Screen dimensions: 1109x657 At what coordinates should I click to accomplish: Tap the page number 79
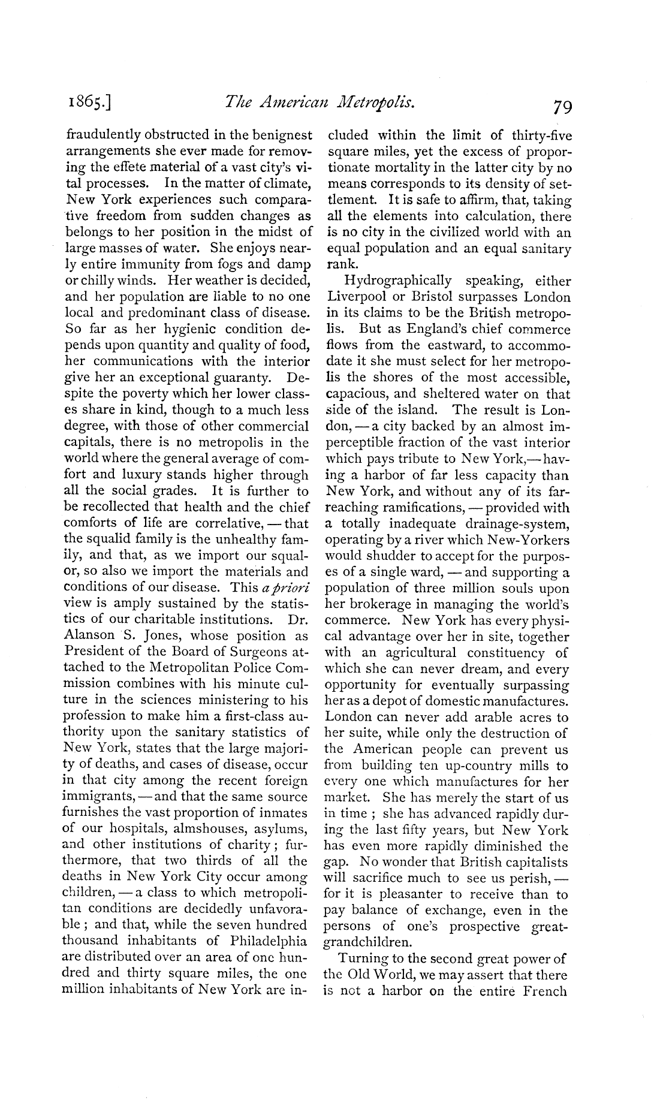coord(563,108)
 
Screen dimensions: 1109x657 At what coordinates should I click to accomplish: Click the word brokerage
coord(370,604)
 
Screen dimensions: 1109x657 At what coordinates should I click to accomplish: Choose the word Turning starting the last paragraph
coord(361,958)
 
